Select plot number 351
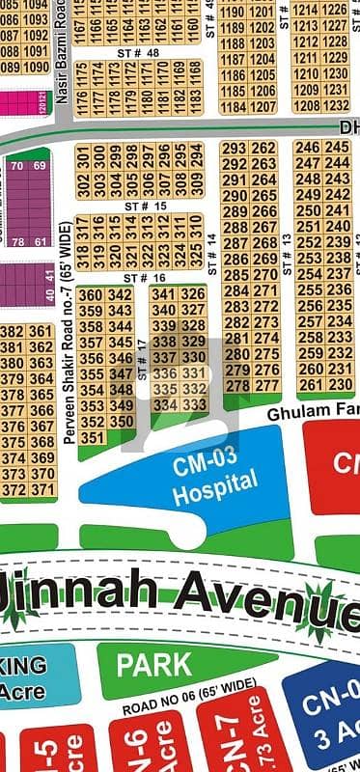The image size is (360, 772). click(x=91, y=437)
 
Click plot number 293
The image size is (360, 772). click(x=235, y=148)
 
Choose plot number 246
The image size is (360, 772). click(x=308, y=148)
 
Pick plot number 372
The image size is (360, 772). click(x=14, y=489)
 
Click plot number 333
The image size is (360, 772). click(x=194, y=405)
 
